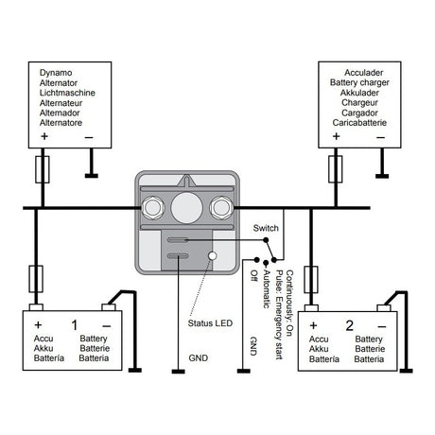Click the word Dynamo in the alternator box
point(56,73)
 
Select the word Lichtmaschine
point(67,93)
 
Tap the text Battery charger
point(359,82)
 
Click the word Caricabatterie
point(359,123)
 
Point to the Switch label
point(266,228)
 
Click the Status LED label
point(210,323)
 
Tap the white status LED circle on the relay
point(213,255)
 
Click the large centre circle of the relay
point(186,208)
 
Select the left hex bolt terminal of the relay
point(153,208)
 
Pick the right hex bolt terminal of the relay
point(221,207)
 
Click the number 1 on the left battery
point(75,325)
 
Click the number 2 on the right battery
point(349,325)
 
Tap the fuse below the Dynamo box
point(43,169)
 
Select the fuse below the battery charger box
point(336,169)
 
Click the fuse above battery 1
point(36,279)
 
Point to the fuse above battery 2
point(311,280)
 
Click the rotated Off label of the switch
point(254,275)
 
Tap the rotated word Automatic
point(267,289)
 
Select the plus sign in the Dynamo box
point(44,136)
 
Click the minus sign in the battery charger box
point(381,137)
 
